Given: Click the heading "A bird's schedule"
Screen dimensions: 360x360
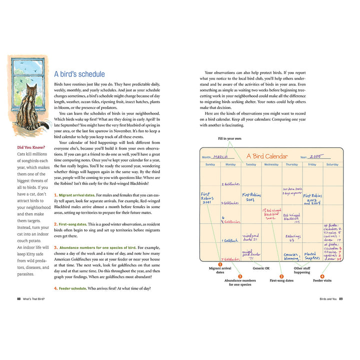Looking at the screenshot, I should [x=79, y=74].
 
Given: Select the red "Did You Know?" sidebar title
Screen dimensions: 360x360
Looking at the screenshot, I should [x=31, y=147].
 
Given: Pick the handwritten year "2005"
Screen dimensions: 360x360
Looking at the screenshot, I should [x=316, y=156].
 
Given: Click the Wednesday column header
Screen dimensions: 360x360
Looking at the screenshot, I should [x=271, y=164].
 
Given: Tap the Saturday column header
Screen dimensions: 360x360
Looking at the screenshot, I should [x=332, y=164].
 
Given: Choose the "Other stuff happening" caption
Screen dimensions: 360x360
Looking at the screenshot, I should [x=302, y=270].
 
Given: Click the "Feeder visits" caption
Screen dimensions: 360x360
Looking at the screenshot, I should [x=322, y=281].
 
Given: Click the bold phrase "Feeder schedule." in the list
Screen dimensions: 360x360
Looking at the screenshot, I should [x=74, y=288].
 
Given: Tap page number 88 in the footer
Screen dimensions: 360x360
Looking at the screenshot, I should [x=18, y=299].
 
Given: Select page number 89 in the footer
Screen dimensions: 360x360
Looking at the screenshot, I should [x=340, y=299].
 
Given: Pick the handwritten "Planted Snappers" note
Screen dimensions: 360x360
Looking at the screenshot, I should [x=312, y=256].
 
